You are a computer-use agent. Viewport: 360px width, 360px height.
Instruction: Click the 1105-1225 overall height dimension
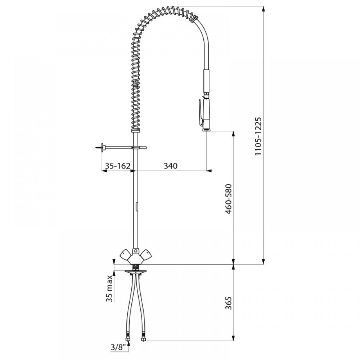pyautogui.click(x=258, y=136)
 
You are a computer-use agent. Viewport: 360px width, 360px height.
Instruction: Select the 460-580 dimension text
pyautogui.click(x=229, y=199)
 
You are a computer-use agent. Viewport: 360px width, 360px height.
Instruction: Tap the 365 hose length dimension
pyautogui.click(x=229, y=303)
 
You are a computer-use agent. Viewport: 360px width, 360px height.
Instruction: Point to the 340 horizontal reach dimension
pyautogui.click(x=171, y=166)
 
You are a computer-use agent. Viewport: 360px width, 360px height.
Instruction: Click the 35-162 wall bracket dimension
pyautogui.click(x=118, y=166)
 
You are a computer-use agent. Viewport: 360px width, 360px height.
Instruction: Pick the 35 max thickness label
pyautogui.click(x=110, y=288)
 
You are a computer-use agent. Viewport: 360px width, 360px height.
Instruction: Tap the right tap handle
pyautogui.click(x=146, y=255)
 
